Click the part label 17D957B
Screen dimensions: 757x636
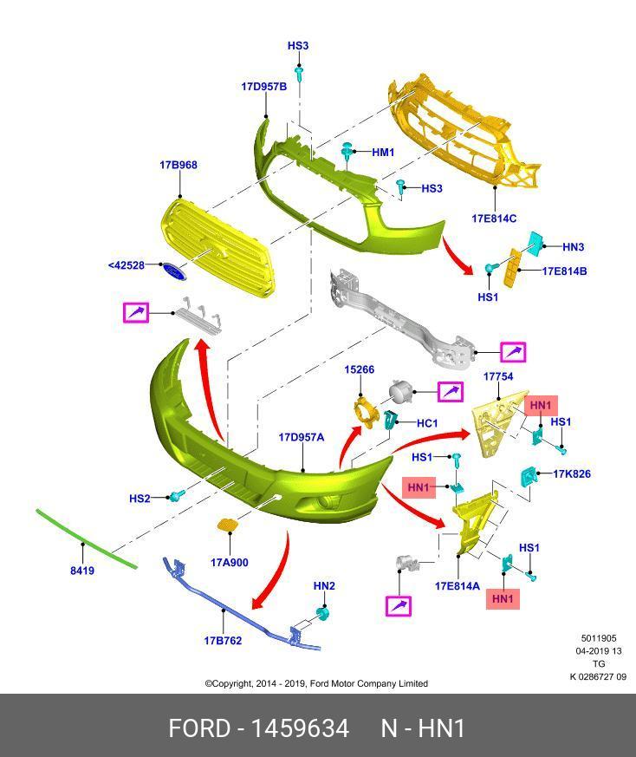click(264, 87)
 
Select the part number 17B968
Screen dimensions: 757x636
click(178, 165)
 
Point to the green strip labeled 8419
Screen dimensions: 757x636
click(87, 538)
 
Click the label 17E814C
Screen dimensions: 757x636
click(494, 219)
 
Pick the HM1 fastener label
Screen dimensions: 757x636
click(383, 153)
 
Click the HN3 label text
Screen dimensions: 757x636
click(574, 247)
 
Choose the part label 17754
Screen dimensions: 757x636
click(498, 376)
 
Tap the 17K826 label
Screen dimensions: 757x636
click(572, 473)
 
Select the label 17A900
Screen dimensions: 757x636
click(229, 563)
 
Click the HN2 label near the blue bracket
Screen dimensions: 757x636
click(324, 586)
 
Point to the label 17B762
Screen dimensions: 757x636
click(223, 641)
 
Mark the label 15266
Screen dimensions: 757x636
click(359, 369)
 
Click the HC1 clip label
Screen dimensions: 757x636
click(427, 423)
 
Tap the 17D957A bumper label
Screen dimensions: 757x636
click(302, 437)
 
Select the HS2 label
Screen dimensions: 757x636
click(140, 499)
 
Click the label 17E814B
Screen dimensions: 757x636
click(565, 271)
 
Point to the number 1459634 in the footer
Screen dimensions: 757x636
click(300, 728)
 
